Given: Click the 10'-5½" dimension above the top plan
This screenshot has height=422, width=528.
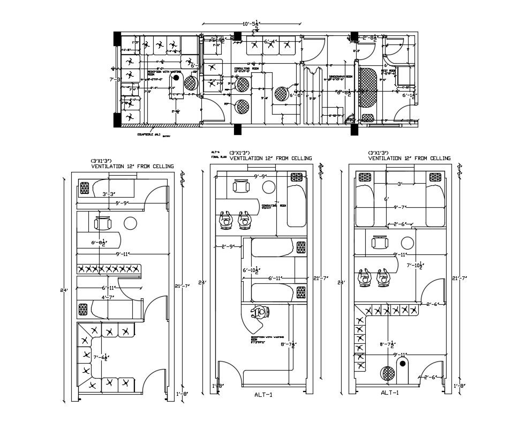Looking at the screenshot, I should point(251,24).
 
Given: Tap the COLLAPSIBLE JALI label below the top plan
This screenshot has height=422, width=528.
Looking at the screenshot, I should point(149,134).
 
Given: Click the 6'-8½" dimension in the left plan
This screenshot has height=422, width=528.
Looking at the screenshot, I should point(102,243).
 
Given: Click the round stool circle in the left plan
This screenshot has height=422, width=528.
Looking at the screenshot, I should point(130,223).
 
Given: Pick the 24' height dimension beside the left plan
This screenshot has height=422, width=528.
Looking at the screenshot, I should point(64,290).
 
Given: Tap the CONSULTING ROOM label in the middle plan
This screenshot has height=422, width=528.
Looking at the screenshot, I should point(273,206).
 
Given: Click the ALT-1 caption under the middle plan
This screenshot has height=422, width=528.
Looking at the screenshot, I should point(263,395).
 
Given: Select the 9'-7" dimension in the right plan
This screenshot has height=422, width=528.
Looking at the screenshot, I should point(401,206).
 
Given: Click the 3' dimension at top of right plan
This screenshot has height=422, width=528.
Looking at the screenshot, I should point(399,184).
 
